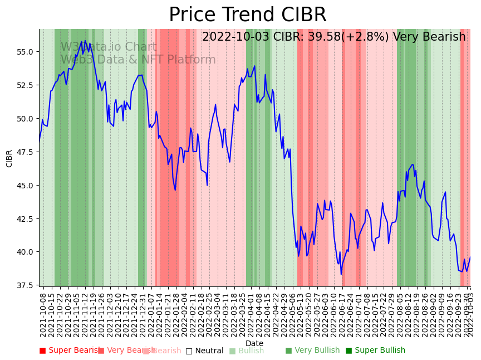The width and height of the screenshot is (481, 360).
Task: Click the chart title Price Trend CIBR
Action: click(248, 15)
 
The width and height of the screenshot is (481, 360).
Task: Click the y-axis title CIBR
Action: click(9, 158)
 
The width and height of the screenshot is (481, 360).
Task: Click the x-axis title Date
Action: click(254, 343)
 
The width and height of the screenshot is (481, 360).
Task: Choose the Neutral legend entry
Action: click(204, 351)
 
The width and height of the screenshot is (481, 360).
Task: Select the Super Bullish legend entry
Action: click(375, 351)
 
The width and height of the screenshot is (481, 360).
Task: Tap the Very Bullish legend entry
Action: click(312, 351)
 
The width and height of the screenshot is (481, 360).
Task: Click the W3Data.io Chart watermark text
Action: click(109, 47)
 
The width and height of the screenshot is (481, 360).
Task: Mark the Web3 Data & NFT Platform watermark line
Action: click(138, 60)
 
